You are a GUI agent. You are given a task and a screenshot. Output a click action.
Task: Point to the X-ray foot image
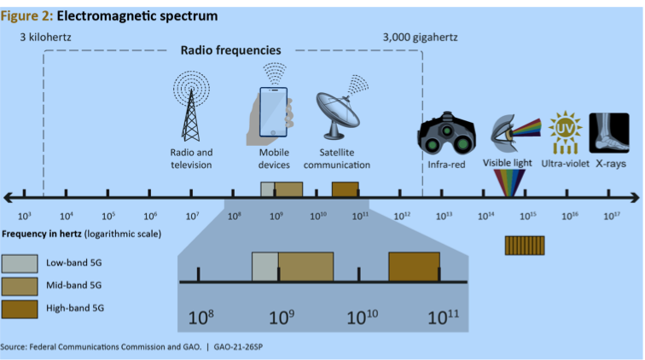610,133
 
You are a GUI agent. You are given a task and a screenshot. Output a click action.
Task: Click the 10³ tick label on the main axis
25,217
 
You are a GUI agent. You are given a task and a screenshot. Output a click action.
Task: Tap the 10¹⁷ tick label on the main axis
612,217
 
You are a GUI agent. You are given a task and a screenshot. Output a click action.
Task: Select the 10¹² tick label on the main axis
402,217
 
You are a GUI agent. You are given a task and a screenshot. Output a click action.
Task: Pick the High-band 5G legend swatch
20,308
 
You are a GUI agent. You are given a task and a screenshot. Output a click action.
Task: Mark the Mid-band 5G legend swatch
20,285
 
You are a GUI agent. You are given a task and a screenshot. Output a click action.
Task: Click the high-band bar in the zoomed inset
414,266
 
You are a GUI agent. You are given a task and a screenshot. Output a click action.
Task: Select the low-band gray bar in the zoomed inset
264,266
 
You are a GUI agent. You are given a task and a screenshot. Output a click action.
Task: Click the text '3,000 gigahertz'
420,37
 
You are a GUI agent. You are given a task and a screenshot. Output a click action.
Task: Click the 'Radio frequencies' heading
230,50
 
